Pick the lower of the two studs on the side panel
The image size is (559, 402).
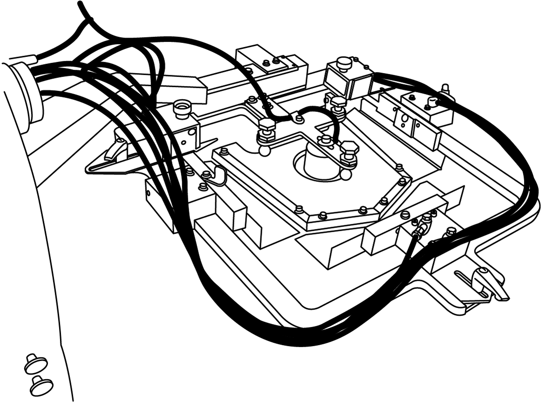click(41, 385)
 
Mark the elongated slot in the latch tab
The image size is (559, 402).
click(471, 283)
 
